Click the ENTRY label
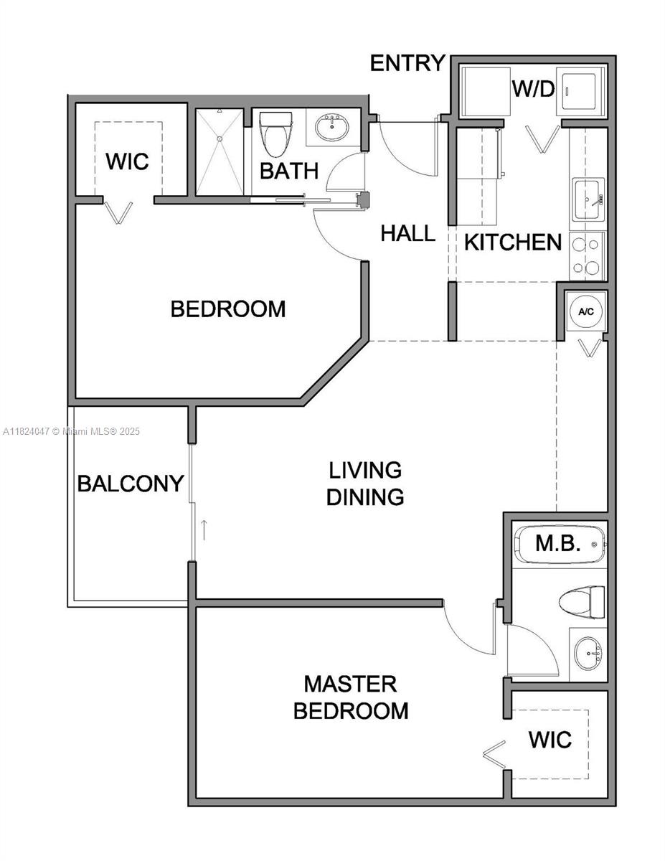[407, 63]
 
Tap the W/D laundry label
[534, 89]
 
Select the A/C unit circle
[586, 311]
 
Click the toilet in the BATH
[275, 134]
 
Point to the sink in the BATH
[332, 127]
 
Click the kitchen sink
[589, 199]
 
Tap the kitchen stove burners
[587, 256]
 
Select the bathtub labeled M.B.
[560, 544]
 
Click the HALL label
[408, 233]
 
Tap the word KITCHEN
[513, 242]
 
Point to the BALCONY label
[131, 484]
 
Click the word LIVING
[365, 470]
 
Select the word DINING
[365, 497]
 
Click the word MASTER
[351, 684]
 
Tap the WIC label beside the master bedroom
[550, 739]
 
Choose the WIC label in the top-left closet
[127, 161]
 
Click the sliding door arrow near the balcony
[204, 530]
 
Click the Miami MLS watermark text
[71, 431]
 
